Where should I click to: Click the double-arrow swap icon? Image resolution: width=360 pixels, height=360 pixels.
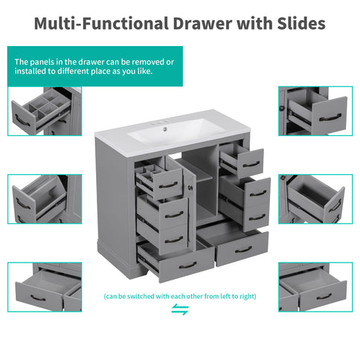(180, 309)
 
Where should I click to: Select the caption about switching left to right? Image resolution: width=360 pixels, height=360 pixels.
(180, 295)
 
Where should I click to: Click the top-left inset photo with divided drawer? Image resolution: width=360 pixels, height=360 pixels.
(45, 112)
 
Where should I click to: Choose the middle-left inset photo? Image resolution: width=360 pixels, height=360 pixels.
(45, 199)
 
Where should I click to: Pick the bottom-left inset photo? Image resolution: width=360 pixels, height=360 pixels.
(45, 287)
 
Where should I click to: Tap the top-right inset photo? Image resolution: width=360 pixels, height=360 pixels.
(315, 112)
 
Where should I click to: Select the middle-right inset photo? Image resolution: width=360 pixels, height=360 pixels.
(315, 199)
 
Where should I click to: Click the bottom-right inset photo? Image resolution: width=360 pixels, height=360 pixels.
(315, 287)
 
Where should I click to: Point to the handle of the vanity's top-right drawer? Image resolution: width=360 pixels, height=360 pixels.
(251, 164)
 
